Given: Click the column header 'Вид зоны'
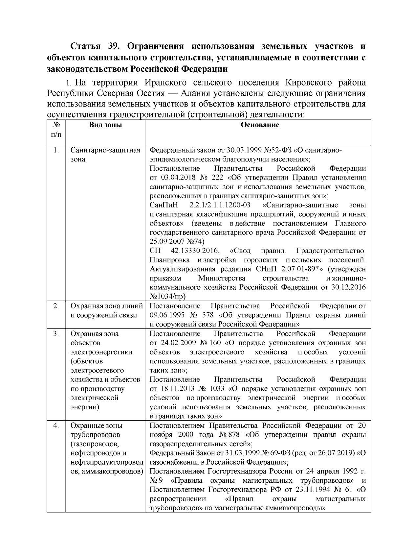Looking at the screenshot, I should tap(105, 125).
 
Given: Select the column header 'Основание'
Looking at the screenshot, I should tap(260, 125).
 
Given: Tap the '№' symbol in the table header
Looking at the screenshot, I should tap(56, 125).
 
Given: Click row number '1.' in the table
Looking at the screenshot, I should tap(56, 150).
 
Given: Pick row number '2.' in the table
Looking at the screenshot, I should tap(56, 306).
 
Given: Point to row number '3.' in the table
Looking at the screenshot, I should tap(56, 334).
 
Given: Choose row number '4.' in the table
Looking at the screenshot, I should tap(56, 426).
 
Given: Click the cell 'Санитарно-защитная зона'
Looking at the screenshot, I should tap(105, 155).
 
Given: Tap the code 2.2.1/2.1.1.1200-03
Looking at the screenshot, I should tap(220, 205).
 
